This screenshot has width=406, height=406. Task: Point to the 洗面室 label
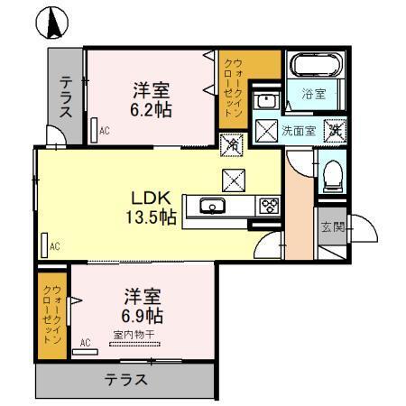tap(299, 129)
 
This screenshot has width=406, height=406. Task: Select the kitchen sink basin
tap(213, 207)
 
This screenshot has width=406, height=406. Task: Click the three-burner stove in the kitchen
tap(269, 206)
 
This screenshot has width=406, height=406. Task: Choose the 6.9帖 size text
tap(142, 316)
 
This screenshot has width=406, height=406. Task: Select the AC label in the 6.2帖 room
tap(106, 130)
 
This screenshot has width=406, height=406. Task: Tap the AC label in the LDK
tap(55, 245)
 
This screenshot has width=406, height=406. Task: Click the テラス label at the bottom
tap(126, 379)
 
